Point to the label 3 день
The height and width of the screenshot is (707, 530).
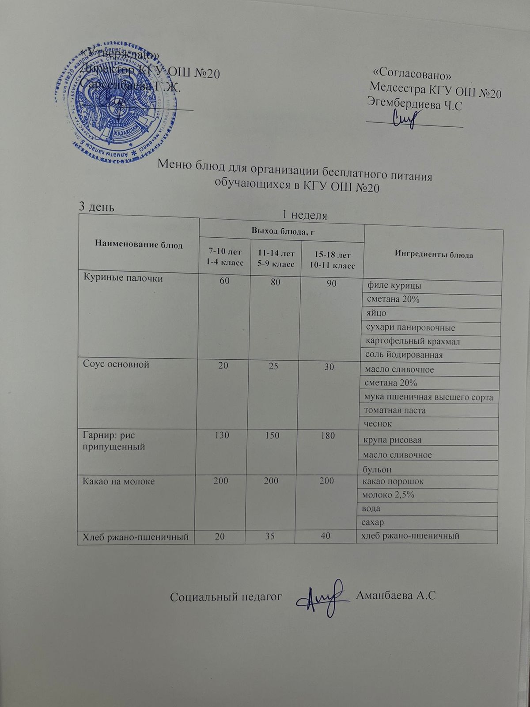[97, 206]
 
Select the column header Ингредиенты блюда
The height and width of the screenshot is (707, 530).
[434, 255]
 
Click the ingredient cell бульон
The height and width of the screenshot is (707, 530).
[377, 468]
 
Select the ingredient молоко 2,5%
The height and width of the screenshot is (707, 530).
[388, 495]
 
